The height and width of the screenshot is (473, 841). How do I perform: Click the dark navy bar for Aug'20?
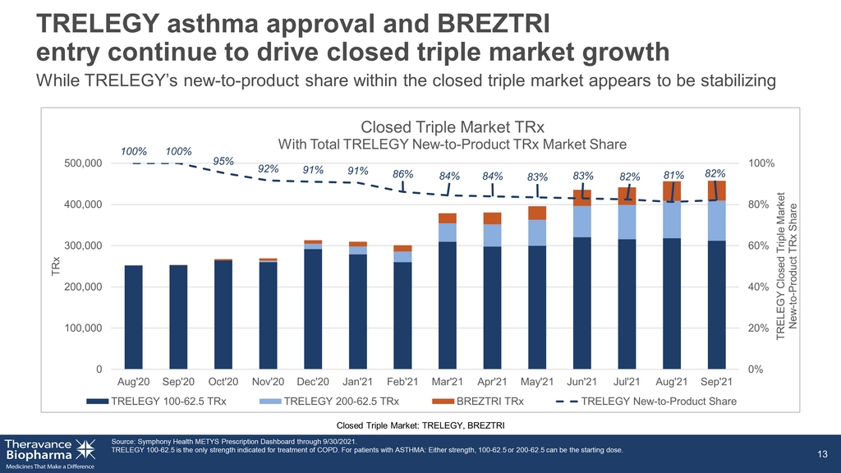click(134, 317)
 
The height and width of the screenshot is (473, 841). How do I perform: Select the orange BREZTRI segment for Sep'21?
click(716, 191)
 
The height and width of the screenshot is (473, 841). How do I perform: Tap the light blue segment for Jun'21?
click(582, 222)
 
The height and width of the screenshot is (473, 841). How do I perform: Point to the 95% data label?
click(223, 161)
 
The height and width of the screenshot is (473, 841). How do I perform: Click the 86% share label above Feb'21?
click(402, 174)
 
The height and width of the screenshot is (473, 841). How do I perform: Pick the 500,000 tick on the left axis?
click(83, 163)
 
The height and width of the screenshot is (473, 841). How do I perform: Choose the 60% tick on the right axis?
click(758, 246)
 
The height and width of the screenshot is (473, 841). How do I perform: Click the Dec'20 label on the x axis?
click(313, 382)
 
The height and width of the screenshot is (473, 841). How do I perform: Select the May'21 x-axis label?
click(537, 382)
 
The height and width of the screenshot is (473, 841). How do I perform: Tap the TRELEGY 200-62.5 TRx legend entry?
click(329, 401)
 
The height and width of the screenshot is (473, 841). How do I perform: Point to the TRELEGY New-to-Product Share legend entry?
click(646, 401)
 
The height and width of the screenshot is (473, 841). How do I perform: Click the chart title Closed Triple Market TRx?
click(453, 127)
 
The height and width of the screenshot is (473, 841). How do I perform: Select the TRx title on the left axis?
click(55, 266)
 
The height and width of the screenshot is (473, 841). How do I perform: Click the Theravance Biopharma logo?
click(50, 453)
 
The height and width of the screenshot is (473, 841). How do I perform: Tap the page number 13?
click(822, 454)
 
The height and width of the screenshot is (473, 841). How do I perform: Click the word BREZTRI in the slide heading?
click(493, 24)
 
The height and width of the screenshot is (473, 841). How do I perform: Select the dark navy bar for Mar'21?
click(448, 305)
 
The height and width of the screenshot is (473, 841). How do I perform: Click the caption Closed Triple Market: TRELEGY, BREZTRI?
click(420, 425)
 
